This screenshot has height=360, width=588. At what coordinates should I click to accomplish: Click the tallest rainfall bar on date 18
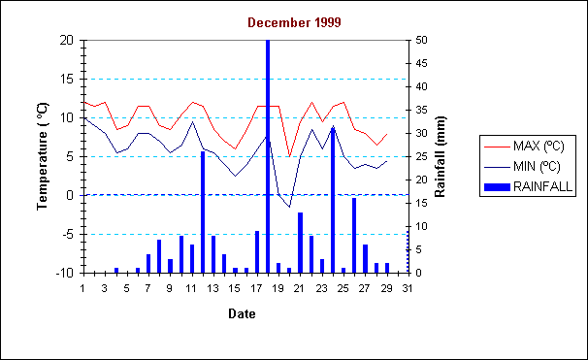point(268,155)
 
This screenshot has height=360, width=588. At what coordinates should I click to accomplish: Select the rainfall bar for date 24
point(333,200)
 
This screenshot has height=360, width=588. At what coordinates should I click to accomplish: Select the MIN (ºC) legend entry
point(530,166)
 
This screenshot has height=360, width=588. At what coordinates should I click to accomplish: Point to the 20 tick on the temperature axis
point(66,40)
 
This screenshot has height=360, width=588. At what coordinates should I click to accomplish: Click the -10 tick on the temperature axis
point(64,273)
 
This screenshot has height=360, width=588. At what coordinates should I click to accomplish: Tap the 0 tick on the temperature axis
point(71,195)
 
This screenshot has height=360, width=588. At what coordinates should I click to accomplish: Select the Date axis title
point(242,313)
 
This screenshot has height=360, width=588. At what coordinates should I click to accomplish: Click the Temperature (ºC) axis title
point(44,155)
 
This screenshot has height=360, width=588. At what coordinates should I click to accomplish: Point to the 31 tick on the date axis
point(408,288)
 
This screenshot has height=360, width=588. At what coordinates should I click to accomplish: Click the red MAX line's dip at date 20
point(289,156)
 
